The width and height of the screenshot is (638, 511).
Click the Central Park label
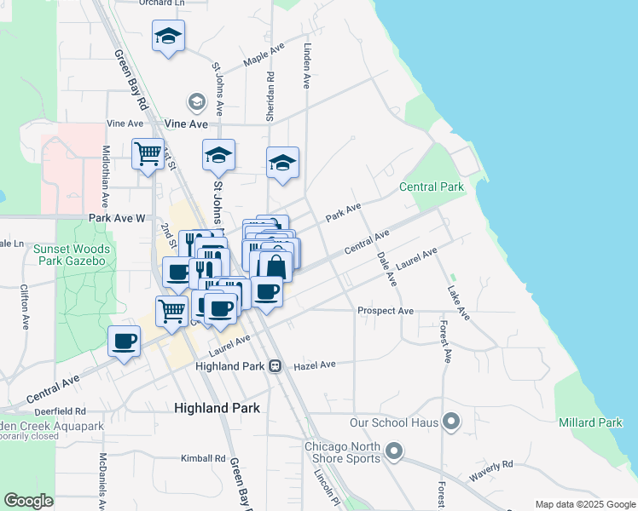[x=432, y=187]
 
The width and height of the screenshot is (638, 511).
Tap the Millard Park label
[x=590, y=422]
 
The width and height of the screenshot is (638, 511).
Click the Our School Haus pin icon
[x=452, y=422]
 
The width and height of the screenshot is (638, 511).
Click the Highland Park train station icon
[x=275, y=366]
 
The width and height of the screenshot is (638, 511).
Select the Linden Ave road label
[x=307, y=66]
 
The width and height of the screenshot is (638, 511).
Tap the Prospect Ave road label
[x=386, y=311]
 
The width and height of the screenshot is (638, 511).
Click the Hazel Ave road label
[x=315, y=365]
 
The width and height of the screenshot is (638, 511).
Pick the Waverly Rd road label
[x=490, y=471]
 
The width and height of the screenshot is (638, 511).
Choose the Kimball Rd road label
[x=201, y=458]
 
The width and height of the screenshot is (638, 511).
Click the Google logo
[x=29, y=501]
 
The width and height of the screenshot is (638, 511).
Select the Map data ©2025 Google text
[x=584, y=504]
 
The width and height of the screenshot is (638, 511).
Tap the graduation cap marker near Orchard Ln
[x=168, y=37]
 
